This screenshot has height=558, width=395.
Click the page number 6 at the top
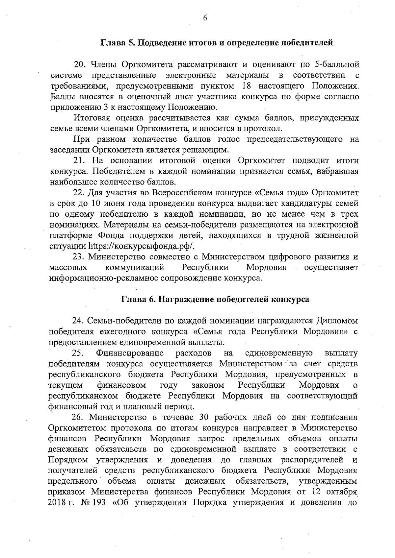204,19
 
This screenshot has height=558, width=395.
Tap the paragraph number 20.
80,64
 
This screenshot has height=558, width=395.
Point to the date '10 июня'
106,203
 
